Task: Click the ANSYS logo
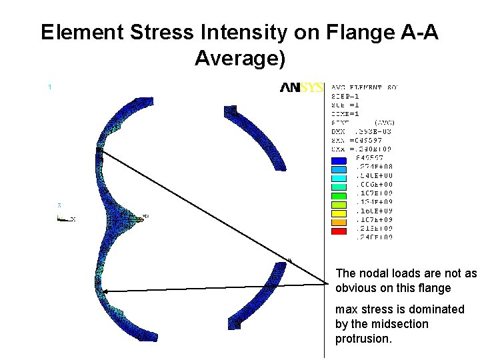pos(302,87)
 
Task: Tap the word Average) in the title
pos(240,59)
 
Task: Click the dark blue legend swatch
pos(339,161)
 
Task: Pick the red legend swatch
pos(339,231)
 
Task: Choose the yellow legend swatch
pos(339,214)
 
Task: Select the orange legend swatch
pos(339,223)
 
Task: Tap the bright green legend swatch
pos(339,196)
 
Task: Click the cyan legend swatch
pos(339,179)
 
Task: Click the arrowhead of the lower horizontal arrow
pos(100,291)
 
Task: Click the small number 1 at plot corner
pos(50,86)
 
